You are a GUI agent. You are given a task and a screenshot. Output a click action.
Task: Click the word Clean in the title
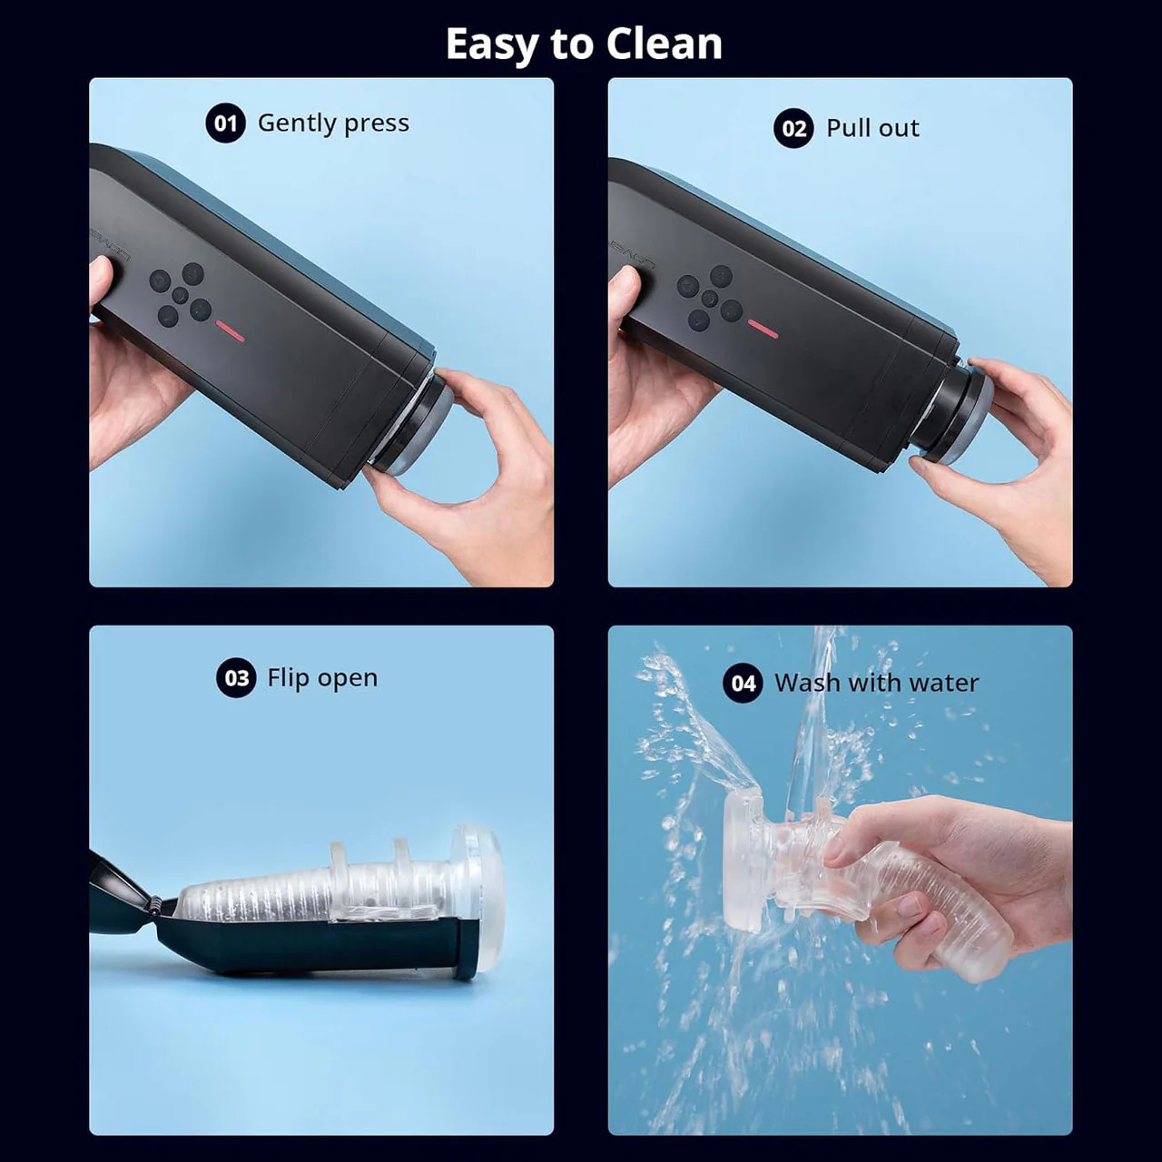click(x=664, y=44)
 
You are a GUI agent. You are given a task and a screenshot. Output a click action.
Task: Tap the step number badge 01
click(x=225, y=123)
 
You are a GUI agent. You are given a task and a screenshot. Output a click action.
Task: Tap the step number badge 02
click(x=793, y=129)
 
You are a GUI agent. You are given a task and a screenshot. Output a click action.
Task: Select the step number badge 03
click(x=236, y=678)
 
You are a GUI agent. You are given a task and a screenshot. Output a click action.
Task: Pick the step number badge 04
click(x=743, y=684)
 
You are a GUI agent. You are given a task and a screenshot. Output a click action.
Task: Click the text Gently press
click(x=333, y=123)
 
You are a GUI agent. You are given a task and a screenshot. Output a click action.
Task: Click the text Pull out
click(x=872, y=129)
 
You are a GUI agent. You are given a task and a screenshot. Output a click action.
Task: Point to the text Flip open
click(x=322, y=678)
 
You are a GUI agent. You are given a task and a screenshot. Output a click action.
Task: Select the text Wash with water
click(x=876, y=684)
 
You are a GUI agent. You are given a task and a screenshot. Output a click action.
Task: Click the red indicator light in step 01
click(x=231, y=334)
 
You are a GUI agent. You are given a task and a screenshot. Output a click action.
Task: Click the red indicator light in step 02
click(x=763, y=328)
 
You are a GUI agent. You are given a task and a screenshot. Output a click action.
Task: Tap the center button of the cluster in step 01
click(x=180, y=295)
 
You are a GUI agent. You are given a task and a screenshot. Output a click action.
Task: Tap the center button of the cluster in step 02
click(x=710, y=299)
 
